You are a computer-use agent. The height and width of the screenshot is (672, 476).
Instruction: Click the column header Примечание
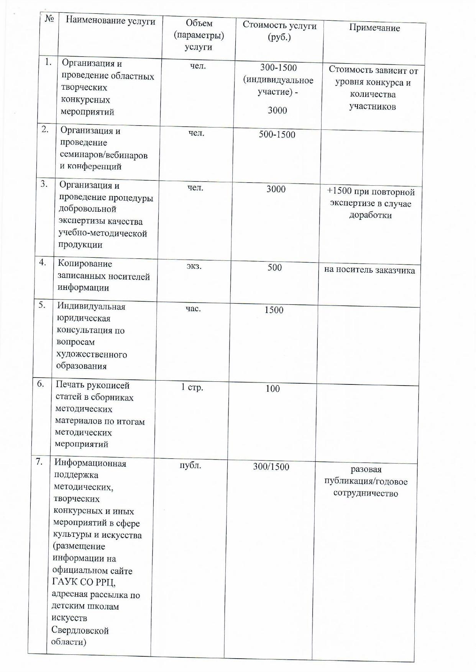(x=374, y=28)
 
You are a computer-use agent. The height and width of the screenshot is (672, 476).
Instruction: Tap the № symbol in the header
(x=49, y=18)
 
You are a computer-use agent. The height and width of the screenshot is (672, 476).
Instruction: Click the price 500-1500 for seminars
(x=277, y=135)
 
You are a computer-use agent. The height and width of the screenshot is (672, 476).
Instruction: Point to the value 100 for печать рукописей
(x=272, y=389)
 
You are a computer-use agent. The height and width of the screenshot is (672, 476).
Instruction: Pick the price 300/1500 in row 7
(x=271, y=467)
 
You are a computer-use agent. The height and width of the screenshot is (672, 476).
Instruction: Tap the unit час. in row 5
(x=193, y=308)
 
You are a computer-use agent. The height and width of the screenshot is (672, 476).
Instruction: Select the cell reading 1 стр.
(x=192, y=387)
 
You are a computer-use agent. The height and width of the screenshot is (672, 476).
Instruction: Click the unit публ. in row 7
(x=190, y=466)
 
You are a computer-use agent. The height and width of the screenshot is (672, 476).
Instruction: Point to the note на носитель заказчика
(x=369, y=270)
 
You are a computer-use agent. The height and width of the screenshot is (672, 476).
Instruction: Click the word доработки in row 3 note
(x=370, y=215)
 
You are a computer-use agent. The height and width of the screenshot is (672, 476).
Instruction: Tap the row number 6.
(x=41, y=384)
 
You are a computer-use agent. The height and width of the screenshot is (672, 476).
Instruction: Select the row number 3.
(x=44, y=184)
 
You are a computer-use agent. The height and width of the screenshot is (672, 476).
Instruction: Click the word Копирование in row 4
(x=85, y=264)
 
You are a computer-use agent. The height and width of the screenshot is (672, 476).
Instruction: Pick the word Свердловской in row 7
(x=80, y=631)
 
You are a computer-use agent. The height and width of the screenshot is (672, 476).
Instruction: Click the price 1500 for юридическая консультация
(x=274, y=310)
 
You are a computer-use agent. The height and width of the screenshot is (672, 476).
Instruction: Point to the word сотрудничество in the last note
(x=366, y=493)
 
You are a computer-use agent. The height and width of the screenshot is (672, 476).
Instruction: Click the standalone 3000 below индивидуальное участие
(x=277, y=111)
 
